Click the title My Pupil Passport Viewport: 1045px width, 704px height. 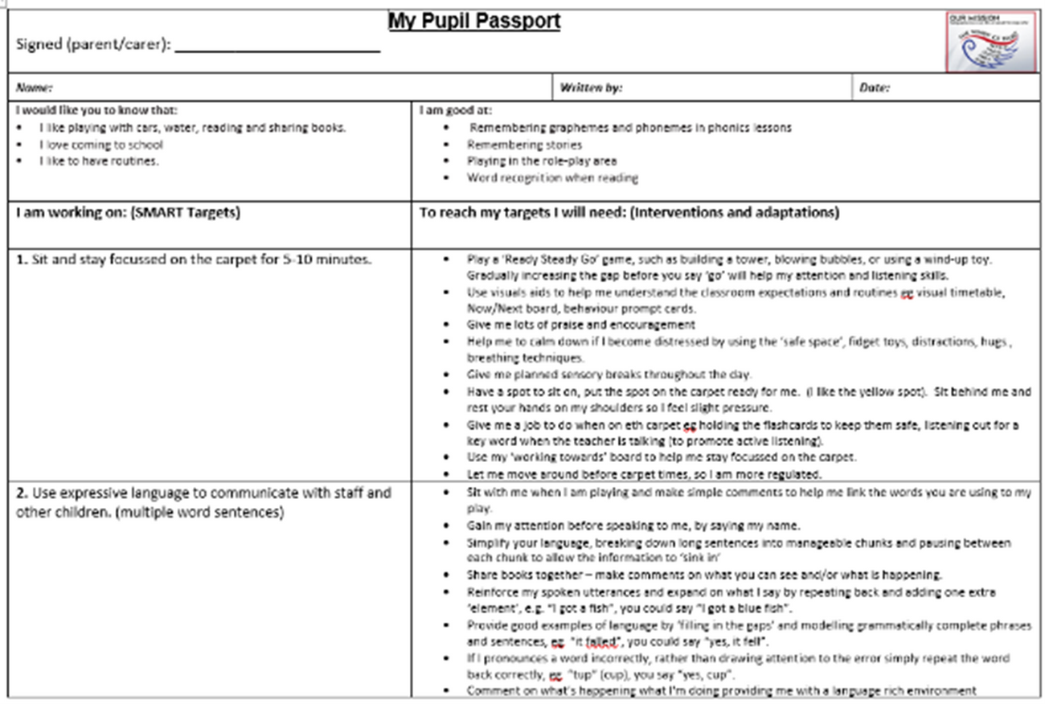[x=474, y=22]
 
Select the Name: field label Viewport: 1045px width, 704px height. [x=34, y=88]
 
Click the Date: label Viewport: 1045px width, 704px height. [x=874, y=88]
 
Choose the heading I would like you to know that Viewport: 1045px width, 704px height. [x=96, y=110]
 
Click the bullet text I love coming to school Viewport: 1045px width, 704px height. [x=100, y=145]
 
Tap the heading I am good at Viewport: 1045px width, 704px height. [x=456, y=110]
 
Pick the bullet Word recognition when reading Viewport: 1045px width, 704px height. [x=552, y=178]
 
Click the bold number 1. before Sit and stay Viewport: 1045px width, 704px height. [x=22, y=260]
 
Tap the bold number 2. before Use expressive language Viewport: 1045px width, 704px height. [x=22, y=493]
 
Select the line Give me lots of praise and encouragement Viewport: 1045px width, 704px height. [x=580, y=325]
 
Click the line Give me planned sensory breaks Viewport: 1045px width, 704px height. [x=609, y=374]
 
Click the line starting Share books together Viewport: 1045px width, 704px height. [x=703, y=575]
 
